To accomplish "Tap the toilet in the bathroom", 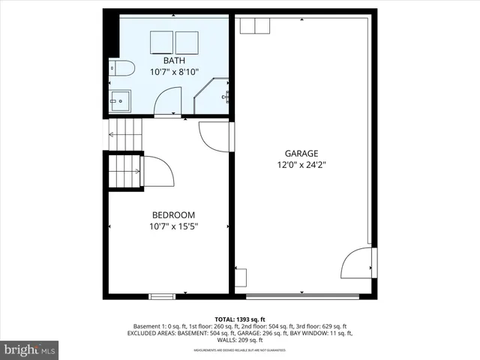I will (x=121, y=70).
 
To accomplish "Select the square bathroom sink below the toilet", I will (x=120, y=100).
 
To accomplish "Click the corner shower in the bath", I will (x=211, y=97).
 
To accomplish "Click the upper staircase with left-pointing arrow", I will (x=124, y=134).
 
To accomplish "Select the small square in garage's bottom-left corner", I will (x=240, y=277).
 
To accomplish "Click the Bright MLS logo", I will (x=30, y=349).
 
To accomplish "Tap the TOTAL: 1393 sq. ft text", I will (x=240, y=319).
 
